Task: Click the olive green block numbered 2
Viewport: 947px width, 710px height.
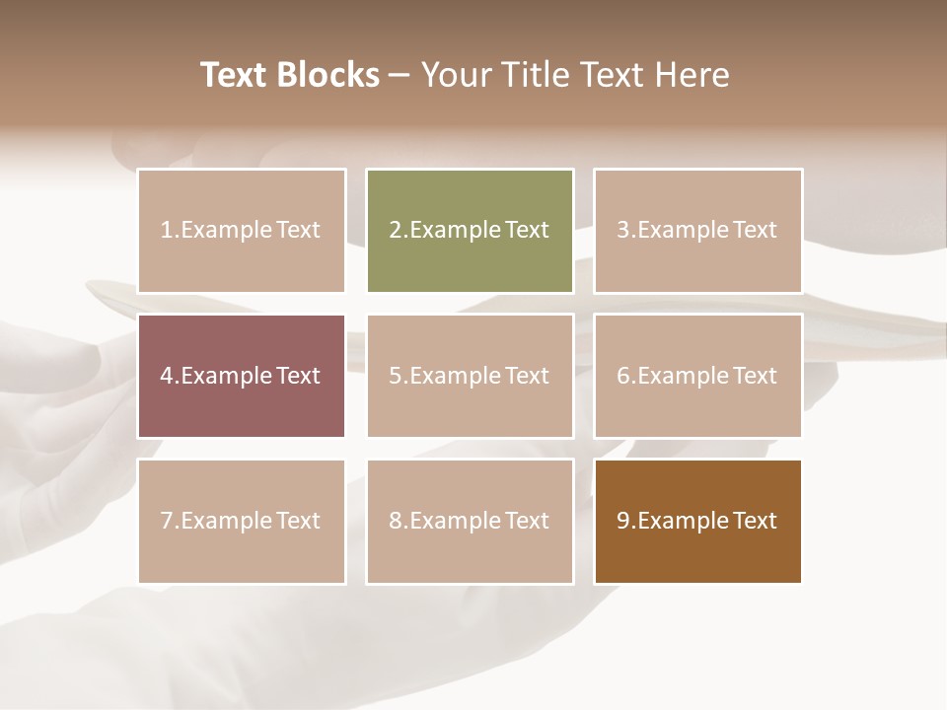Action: click(470, 231)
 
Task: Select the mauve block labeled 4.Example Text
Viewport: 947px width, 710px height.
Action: click(242, 376)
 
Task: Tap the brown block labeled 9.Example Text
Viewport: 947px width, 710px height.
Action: click(697, 521)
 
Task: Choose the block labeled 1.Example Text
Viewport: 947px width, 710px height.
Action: click(242, 231)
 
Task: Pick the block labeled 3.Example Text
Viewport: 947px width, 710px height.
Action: click(697, 231)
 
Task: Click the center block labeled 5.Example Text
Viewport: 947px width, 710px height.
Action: click(470, 376)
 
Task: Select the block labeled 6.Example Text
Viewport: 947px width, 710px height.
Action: click(697, 376)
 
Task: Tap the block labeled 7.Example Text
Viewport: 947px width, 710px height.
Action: click(242, 521)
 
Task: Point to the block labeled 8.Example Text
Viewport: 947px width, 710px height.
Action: click(470, 521)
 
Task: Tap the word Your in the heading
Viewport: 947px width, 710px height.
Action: click(455, 75)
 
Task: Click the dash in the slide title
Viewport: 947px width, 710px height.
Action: click(401, 75)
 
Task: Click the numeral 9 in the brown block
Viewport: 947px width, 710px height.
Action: click(623, 521)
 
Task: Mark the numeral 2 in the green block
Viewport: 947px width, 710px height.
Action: click(396, 231)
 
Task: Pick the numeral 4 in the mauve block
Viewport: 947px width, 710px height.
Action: click(167, 376)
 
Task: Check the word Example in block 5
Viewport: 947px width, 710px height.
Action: click(455, 376)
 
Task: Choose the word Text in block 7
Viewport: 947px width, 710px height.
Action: click(298, 521)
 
